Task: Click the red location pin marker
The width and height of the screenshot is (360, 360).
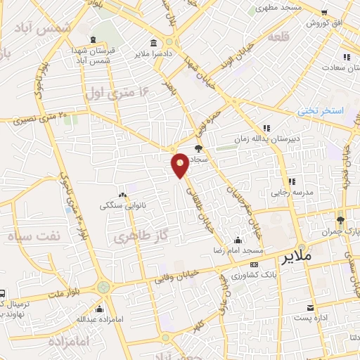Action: (181, 165)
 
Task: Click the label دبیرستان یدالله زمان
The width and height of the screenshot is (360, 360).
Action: (295, 139)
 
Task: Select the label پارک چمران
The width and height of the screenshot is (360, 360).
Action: (345, 231)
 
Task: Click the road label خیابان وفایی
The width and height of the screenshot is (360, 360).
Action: (189, 274)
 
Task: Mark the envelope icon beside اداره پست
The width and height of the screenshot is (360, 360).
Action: (311, 308)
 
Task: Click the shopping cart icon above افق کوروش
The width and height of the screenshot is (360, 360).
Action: (323, 13)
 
